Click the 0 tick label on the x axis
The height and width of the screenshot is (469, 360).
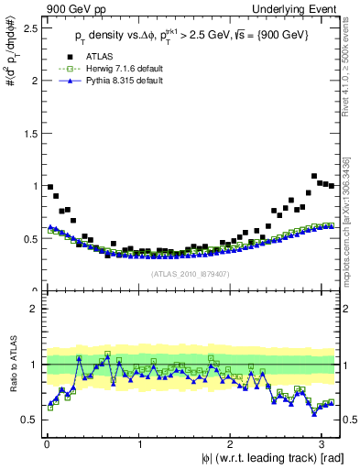(x=46, y=444)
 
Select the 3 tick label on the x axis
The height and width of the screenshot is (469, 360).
(x=321, y=444)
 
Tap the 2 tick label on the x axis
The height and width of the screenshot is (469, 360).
(x=229, y=444)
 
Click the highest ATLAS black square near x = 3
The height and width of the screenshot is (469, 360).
(x=314, y=176)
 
